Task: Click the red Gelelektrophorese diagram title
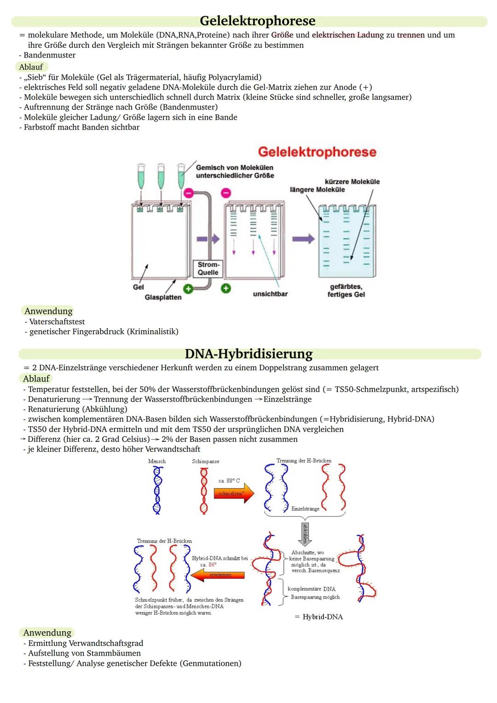point(317,152)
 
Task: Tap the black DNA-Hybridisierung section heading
point(248,354)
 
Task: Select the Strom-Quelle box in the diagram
point(208,268)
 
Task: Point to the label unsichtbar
point(270,294)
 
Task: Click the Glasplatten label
point(163,297)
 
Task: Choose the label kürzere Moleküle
point(352,182)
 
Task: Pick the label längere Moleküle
point(317,190)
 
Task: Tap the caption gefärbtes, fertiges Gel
point(346,290)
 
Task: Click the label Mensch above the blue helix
point(157,461)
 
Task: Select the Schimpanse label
point(206,461)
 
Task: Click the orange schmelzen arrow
point(234,494)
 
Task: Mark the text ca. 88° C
point(229,481)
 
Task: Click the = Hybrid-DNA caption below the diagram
point(319,617)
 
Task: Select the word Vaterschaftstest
point(57,322)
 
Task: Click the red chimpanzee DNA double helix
point(203,490)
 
